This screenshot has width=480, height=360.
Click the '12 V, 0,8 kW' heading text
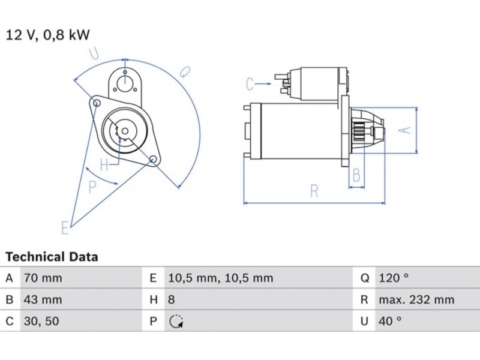pyautogui.click(x=48, y=34)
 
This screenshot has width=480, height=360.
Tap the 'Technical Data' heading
pyautogui.click(x=52, y=257)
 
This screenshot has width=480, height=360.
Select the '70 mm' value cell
pyautogui.click(x=42, y=278)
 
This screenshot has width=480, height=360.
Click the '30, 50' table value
pyautogui.click(x=41, y=322)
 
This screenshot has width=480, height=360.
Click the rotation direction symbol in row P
pyautogui.click(x=175, y=322)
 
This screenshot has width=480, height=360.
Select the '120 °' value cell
pyautogui.click(x=394, y=278)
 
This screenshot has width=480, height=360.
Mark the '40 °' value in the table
pyautogui.click(x=390, y=322)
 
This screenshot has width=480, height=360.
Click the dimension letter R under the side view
pyautogui.click(x=314, y=191)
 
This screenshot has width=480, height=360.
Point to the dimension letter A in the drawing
pyautogui.click(x=406, y=129)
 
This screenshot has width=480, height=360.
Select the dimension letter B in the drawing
pyautogui.click(x=356, y=175)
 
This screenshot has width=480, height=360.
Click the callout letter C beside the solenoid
pyautogui.click(x=250, y=84)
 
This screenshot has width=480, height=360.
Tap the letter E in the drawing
pyautogui.click(x=65, y=227)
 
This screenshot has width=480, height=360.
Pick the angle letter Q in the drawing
pyautogui.click(x=185, y=71)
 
